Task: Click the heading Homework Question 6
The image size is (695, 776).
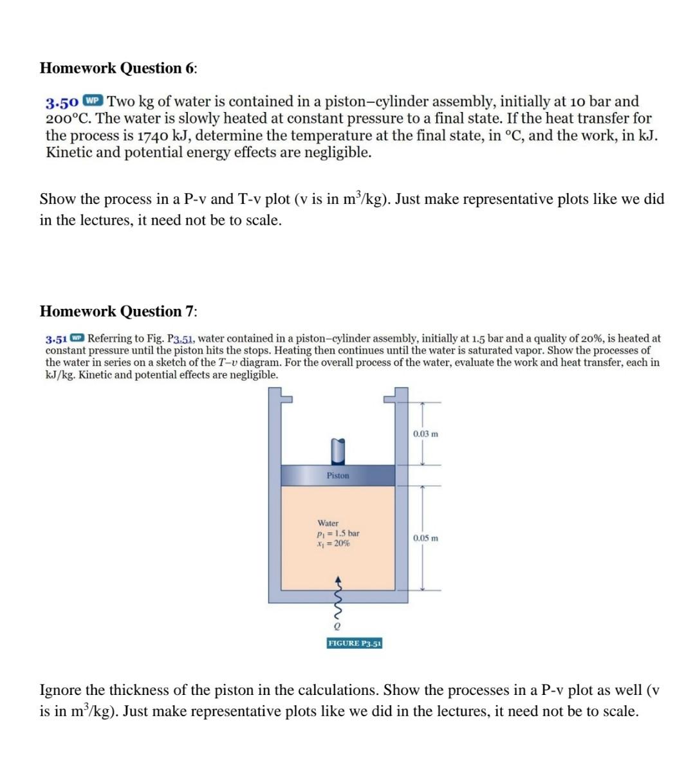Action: [119, 68]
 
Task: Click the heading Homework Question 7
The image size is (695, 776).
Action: [119, 311]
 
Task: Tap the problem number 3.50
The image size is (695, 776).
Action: [62, 102]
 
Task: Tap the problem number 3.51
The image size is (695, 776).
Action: [57, 338]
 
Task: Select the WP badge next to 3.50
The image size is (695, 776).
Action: [93, 102]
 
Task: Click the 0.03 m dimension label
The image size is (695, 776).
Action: [425, 434]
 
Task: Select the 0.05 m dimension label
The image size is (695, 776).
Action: [425, 538]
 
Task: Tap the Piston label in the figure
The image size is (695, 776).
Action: [338, 476]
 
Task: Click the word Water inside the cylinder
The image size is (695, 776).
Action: [328, 524]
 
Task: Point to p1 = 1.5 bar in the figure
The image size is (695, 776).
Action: [338, 533]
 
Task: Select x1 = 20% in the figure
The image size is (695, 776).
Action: [333, 543]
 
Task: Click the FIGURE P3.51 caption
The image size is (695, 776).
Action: [355, 643]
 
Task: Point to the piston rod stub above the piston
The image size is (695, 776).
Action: [338, 450]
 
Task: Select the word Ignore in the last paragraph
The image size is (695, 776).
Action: [60, 690]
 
